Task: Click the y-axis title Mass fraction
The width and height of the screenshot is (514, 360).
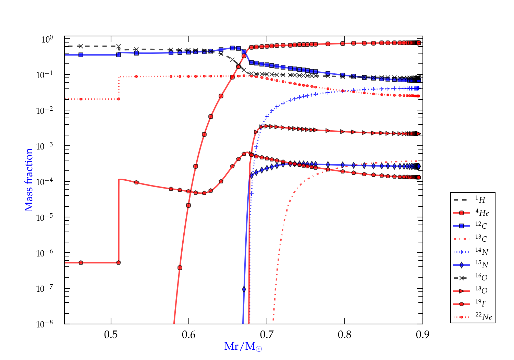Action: [x=29, y=180]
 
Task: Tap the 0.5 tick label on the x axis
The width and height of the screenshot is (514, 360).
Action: [x=111, y=335]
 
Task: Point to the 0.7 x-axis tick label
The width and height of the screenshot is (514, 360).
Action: [x=267, y=335]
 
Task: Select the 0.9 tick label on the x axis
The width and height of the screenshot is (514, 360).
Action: [x=423, y=335]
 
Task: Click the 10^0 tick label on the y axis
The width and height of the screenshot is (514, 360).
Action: [x=47, y=39]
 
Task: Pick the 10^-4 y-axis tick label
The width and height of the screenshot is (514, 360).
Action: [x=45, y=181]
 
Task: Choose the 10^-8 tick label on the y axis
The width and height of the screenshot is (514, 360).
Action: [x=45, y=324]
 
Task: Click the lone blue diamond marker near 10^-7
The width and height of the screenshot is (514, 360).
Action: [x=244, y=289]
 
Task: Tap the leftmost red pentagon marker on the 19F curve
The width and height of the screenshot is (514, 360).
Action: [x=81, y=263]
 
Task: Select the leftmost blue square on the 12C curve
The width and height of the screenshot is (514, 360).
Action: [x=81, y=55]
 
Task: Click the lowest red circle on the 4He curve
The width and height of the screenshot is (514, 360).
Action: [x=180, y=268]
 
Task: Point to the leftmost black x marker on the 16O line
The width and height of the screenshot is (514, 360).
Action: [x=81, y=46]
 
